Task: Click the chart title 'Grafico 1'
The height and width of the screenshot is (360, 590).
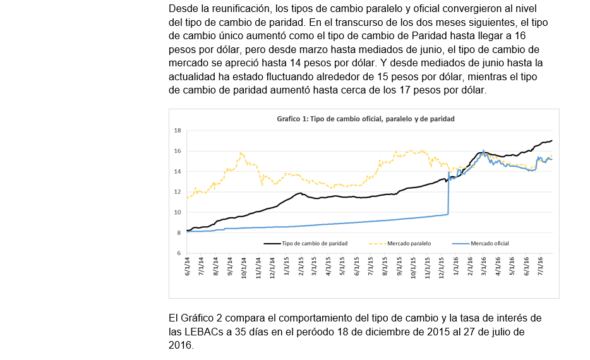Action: (x=366, y=118)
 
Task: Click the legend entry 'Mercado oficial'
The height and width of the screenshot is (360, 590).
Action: (x=490, y=243)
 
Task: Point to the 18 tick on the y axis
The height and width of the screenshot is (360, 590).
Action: (x=178, y=131)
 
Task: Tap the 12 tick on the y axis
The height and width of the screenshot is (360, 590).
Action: (x=178, y=192)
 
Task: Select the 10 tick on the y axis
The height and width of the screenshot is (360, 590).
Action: (x=178, y=212)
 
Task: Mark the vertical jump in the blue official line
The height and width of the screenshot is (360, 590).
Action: (x=448, y=193)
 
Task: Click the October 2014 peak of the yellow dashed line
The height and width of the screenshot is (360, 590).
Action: (x=241, y=153)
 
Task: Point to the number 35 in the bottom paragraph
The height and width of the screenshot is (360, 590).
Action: (x=243, y=331)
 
